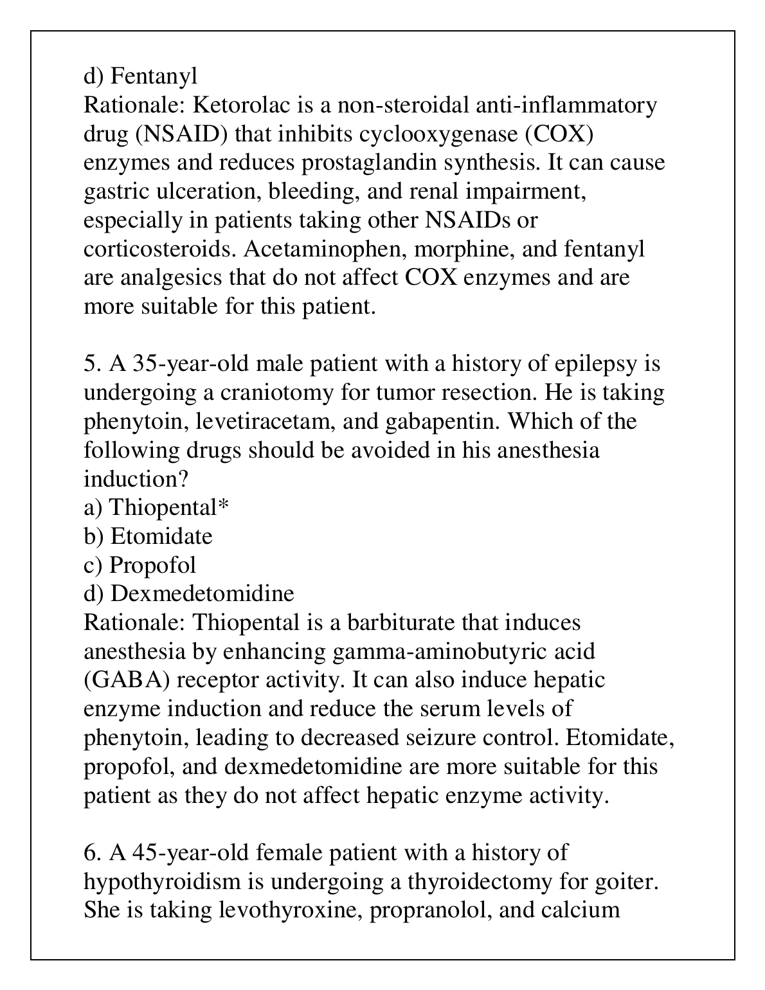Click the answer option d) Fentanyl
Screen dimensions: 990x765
[x=141, y=76]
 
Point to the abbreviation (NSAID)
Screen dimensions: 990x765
[x=182, y=134]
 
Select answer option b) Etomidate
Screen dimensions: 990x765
[x=148, y=536]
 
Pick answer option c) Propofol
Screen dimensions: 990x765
[x=140, y=565]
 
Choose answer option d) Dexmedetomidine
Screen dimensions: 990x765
[x=189, y=593]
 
